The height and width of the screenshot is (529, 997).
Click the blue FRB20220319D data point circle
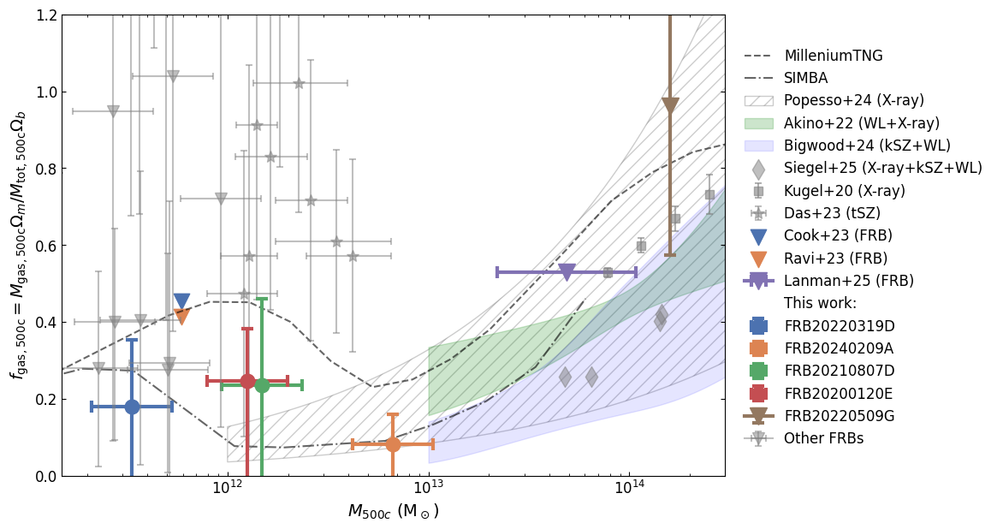click(132, 407)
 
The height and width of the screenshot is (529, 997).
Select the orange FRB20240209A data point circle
click(393, 444)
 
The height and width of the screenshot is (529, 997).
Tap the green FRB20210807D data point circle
click(262, 385)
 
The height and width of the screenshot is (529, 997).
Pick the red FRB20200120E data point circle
click(247, 381)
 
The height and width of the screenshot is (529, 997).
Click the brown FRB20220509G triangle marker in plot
click(670, 105)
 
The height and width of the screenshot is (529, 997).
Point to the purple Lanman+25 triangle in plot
click(567, 271)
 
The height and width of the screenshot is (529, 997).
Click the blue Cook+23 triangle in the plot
click(181, 301)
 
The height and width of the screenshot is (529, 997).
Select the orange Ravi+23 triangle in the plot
click(181, 317)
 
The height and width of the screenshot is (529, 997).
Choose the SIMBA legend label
click(807, 78)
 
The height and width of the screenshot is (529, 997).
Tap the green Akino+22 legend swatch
click(758, 123)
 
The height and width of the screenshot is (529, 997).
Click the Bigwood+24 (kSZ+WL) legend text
click(867, 146)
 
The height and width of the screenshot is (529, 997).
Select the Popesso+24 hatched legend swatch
click(758, 101)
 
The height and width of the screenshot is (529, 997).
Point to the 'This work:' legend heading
click(820, 303)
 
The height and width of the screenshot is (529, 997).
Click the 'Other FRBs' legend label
click(823, 438)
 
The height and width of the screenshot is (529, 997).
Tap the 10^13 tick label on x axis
click(428, 490)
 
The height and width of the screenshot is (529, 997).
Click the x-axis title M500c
click(393, 512)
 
